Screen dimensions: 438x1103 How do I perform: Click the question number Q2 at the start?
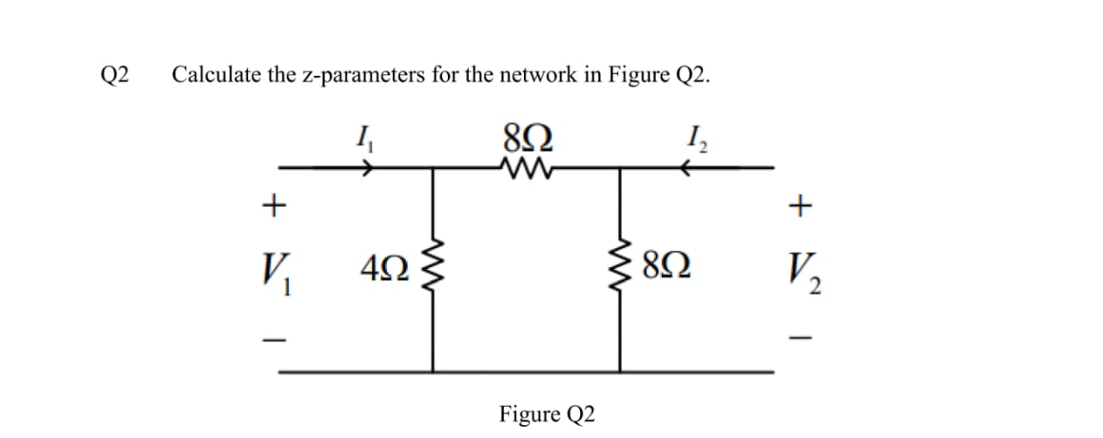115,75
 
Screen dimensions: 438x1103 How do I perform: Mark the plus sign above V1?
273,205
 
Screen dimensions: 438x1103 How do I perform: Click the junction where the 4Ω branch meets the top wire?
433,169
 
